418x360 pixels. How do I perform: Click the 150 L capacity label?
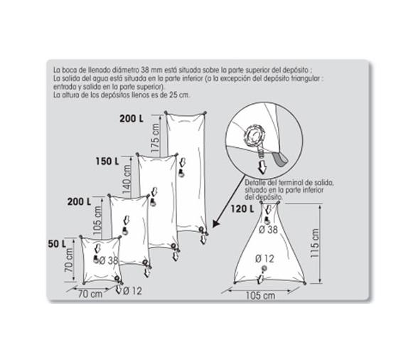[107, 162]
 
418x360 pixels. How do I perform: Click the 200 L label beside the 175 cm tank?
[132, 120]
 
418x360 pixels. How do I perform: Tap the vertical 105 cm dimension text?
[99, 217]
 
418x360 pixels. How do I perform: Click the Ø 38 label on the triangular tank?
[268, 229]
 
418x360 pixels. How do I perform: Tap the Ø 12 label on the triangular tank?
[265, 258]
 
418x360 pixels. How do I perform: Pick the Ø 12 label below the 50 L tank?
[132, 290]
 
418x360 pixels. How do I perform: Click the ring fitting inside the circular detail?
[254, 133]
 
